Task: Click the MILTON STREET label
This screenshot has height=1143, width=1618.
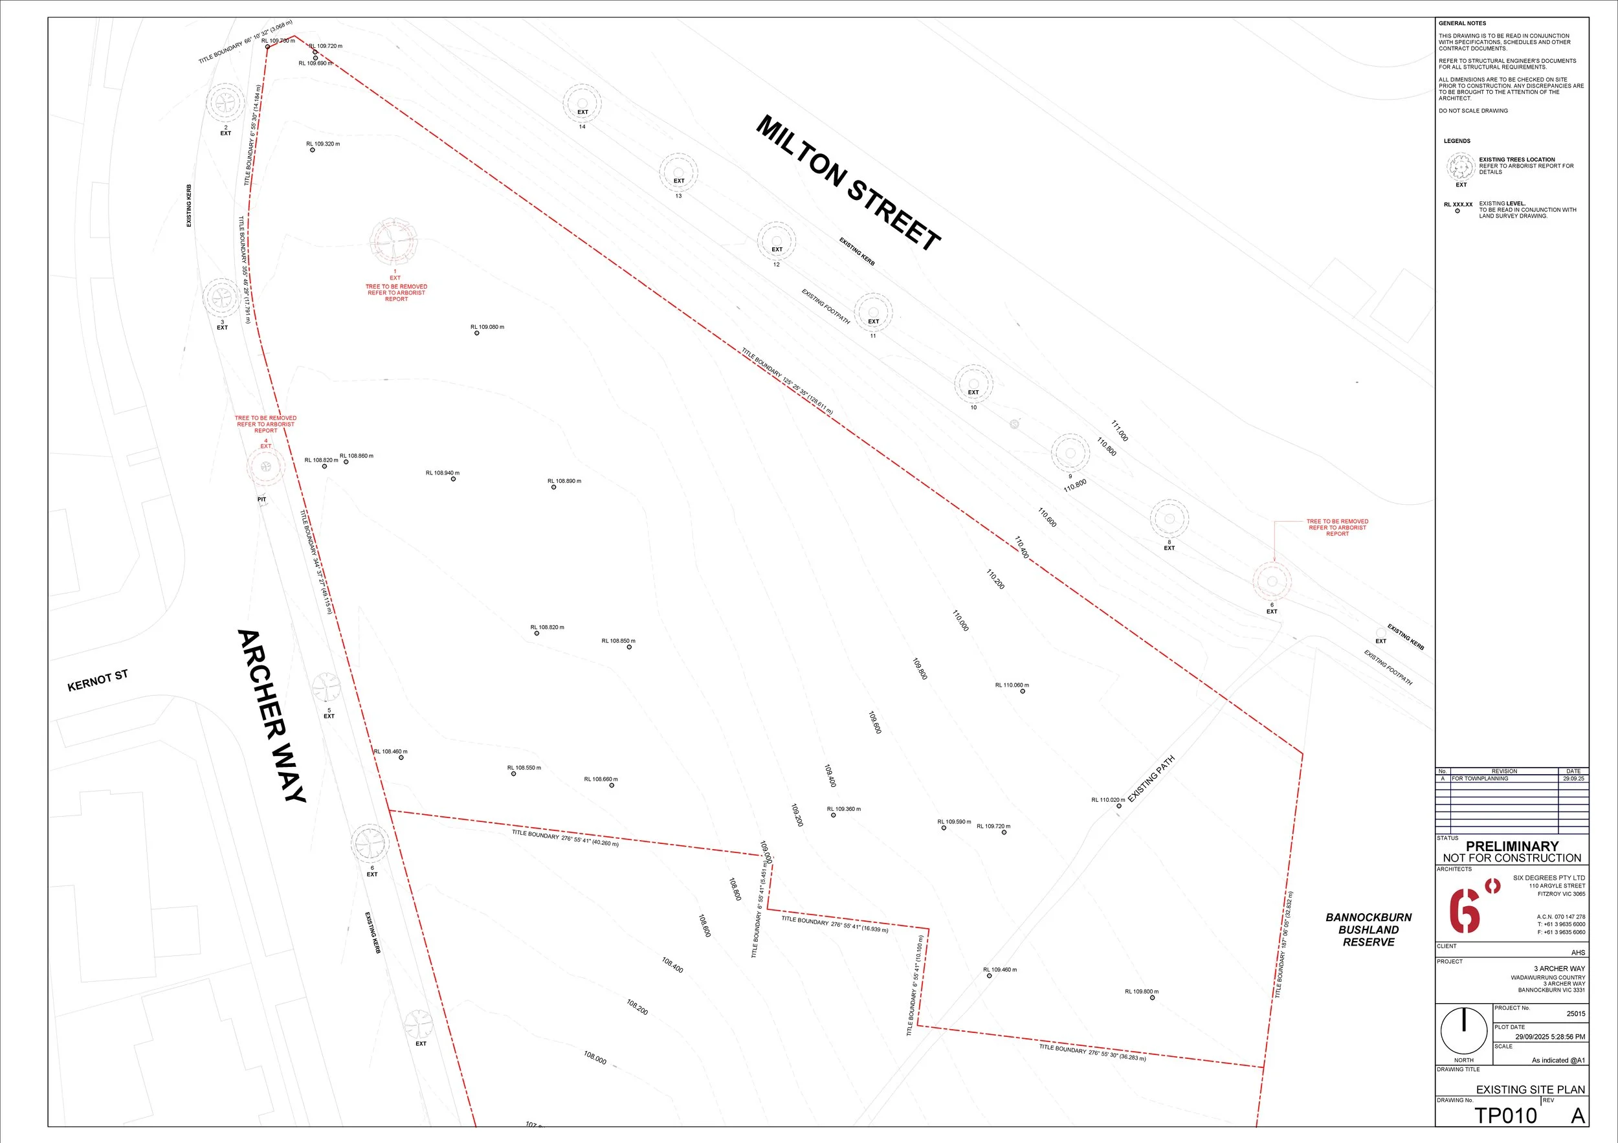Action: tap(848, 183)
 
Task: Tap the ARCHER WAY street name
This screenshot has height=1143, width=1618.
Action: tap(272, 715)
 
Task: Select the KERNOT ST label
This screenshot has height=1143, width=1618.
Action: tap(98, 681)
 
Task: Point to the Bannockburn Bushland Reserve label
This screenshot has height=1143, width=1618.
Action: tap(1369, 929)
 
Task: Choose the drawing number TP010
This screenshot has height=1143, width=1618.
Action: tap(1505, 1116)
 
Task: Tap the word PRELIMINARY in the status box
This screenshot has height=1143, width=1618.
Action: tap(1513, 846)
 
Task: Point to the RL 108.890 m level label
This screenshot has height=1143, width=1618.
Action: tap(564, 482)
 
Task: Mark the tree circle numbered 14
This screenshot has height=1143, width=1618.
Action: tap(582, 103)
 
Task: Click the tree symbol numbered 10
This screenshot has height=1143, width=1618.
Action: tap(973, 384)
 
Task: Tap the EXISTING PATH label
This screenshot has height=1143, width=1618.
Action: tap(1151, 779)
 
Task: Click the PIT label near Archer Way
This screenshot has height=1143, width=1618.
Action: tap(261, 500)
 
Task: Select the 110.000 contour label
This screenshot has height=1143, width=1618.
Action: tap(960, 621)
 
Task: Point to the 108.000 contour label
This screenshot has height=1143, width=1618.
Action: tap(595, 1057)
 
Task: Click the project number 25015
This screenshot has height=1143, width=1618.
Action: tap(1576, 1014)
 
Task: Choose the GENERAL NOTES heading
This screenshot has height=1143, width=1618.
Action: tap(1462, 23)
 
